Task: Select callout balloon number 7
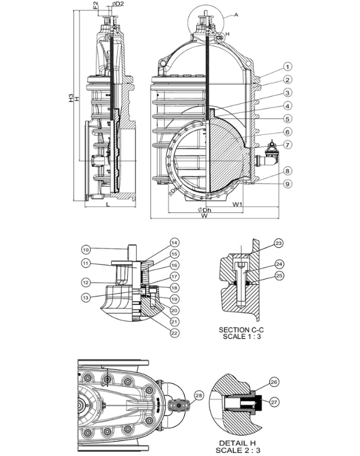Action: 288,145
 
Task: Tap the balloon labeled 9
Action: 288,184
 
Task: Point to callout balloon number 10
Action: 86,249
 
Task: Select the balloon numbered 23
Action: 278,243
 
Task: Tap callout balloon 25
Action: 278,275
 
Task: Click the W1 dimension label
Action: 238,204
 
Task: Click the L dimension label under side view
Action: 107,205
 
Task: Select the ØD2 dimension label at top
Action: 118,5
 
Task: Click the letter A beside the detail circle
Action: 236,14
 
